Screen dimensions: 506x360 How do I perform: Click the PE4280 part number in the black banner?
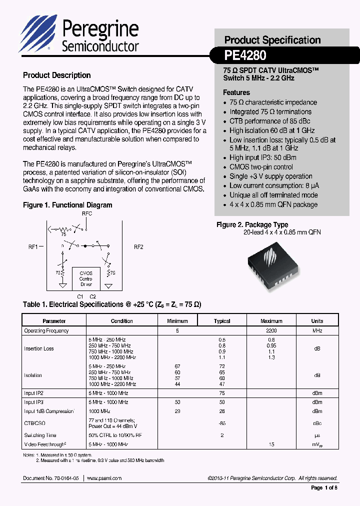coord(245,54)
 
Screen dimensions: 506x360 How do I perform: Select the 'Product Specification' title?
coord(272,40)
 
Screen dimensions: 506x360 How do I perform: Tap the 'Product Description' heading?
coord(56,75)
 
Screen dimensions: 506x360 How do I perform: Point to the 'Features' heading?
coord(236,92)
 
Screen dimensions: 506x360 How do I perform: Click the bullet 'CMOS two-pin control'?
coord(261,167)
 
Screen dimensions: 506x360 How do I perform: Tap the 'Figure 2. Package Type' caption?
coord(252,225)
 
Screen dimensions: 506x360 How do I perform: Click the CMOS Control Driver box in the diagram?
coord(86,278)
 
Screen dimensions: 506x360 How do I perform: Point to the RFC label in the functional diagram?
coord(86,213)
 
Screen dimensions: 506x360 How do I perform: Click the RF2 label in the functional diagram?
coord(138,246)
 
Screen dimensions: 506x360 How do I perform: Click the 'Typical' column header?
coord(222,321)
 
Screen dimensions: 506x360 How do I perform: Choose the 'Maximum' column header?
coord(271,321)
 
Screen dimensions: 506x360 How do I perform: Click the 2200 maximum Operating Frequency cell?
coord(271,330)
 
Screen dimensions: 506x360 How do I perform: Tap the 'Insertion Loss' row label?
coord(38,348)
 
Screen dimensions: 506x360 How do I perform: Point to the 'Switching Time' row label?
coord(40,435)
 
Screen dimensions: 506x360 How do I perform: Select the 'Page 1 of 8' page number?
coord(324,487)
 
